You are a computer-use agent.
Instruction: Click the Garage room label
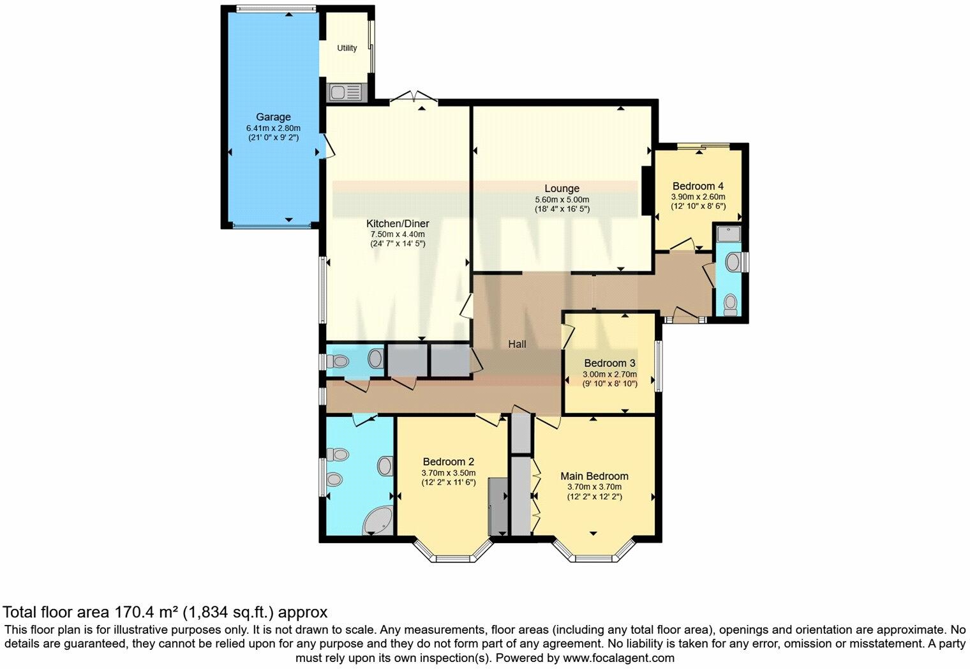pyautogui.click(x=273, y=117)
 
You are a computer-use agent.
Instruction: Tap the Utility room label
pyautogui.click(x=347, y=48)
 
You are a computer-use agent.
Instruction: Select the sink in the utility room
pyautogui.click(x=345, y=93)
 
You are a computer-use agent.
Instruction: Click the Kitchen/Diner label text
pyautogui.click(x=397, y=223)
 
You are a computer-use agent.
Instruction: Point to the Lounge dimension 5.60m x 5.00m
pyautogui.click(x=562, y=199)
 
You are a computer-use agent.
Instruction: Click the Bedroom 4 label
pyautogui.click(x=698, y=186)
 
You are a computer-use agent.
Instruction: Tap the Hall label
pyautogui.click(x=517, y=344)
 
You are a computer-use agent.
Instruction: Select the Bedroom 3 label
pyautogui.click(x=609, y=363)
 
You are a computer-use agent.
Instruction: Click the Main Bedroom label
pyautogui.click(x=594, y=476)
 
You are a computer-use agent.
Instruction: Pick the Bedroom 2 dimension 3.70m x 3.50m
pyautogui.click(x=448, y=473)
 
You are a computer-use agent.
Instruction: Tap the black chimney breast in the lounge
pyautogui.click(x=646, y=191)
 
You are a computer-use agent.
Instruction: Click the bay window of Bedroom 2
pyautogui.click(x=454, y=553)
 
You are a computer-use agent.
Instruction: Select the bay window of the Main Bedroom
pyautogui.click(x=593, y=553)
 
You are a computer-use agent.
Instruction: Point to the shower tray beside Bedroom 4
pyautogui.click(x=728, y=234)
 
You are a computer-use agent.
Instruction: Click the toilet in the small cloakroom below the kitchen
pyautogui.click(x=338, y=361)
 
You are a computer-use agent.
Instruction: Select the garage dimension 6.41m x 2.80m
pyautogui.click(x=273, y=128)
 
